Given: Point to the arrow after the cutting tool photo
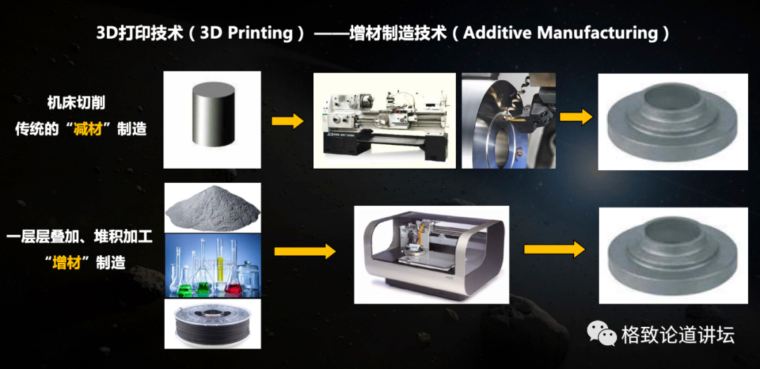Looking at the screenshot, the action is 576,117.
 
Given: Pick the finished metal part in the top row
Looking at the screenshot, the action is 672,121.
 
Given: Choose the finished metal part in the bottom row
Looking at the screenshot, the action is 672,254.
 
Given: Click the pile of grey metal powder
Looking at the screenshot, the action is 212,207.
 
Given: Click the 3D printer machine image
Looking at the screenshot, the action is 431,253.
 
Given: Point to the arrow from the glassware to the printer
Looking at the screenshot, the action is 305,251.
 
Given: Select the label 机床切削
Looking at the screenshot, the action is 81,103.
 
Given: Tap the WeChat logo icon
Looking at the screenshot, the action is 602,333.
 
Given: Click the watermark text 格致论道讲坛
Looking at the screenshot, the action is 677,335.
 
